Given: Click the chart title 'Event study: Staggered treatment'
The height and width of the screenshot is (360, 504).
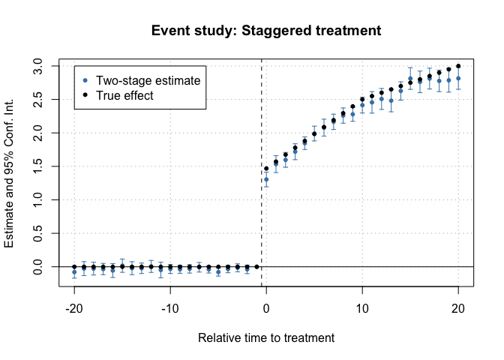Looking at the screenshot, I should tap(266, 31).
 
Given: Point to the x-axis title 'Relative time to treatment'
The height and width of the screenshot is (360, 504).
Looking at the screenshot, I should tap(266, 338).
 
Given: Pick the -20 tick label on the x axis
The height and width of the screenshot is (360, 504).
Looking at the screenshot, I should tap(74, 308).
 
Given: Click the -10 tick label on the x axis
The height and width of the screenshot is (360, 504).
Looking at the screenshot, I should tap(170, 308).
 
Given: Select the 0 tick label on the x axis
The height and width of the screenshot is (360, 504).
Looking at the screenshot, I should tap(266, 308).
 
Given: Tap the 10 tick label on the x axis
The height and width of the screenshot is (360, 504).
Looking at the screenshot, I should tap(362, 308).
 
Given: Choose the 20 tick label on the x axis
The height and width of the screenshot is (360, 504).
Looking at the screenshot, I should tap(458, 308).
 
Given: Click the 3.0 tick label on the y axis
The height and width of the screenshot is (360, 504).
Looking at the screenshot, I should tap(41, 66).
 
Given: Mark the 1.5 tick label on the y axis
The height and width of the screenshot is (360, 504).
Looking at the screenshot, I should tap(41, 166).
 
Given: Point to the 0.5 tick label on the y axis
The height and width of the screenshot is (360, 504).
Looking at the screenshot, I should tap(41, 233).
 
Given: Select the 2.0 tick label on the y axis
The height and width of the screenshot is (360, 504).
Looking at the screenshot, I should tap(41, 133).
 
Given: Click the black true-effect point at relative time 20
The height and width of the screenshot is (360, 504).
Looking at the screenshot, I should tap(458, 66).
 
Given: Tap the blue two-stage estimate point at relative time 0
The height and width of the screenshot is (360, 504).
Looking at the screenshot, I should tap(266, 179).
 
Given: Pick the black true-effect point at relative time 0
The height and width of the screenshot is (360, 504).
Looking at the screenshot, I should tap(266, 169).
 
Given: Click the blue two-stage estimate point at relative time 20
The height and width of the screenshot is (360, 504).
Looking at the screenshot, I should tap(458, 78).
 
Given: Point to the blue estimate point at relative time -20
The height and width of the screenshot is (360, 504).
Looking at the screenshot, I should tap(74, 272).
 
